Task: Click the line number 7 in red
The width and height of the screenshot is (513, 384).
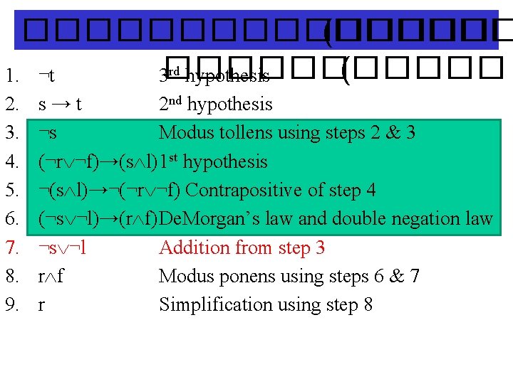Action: click(11, 248)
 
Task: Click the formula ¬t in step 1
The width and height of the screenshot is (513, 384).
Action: click(47, 75)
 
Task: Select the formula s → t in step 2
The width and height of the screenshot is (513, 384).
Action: click(60, 105)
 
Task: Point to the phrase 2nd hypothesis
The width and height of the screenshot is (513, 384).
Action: click(215, 105)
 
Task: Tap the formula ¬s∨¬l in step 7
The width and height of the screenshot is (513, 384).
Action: click(63, 248)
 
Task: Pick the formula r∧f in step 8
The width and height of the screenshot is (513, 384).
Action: click(51, 277)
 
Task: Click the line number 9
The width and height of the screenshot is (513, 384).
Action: click(11, 305)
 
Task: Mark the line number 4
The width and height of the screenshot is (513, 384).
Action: click(11, 162)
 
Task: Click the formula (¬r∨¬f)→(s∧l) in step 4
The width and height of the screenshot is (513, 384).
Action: click(98, 162)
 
